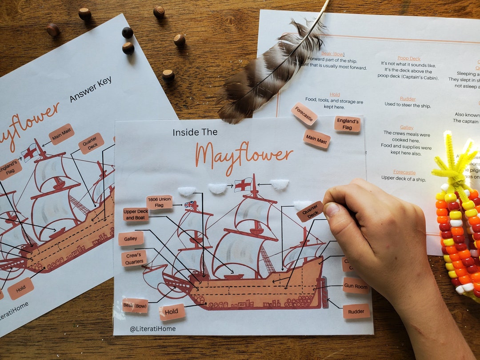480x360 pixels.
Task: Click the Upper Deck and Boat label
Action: coord(136,215)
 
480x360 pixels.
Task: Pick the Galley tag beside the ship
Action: coord(131,239)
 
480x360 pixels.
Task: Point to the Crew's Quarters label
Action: coord(134,258)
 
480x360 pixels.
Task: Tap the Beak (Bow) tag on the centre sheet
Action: coord(135,305)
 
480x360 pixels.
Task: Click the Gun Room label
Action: coord(356,286)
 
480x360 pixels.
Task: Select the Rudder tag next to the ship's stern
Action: coord(356,311)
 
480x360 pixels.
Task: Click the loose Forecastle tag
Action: coord(304,113)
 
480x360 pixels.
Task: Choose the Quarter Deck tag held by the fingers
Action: coord(310,212)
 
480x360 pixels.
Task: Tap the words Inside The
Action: coord(195,132)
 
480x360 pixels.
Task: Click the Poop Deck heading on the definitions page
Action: coord(409,58)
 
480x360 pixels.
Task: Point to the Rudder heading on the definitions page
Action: coord(408,99)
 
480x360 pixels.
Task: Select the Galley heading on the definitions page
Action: coord(407,128)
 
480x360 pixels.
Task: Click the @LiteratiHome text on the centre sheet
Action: coord(152,328)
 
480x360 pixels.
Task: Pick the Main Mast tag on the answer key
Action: coord(61,134)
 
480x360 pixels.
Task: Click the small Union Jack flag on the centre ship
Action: coord(190,205)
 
